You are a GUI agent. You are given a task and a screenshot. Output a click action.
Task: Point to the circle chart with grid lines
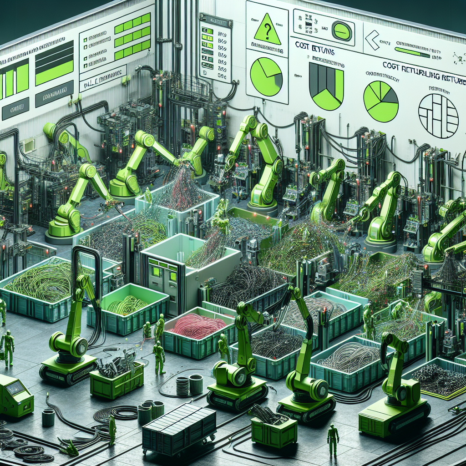click(438, 116)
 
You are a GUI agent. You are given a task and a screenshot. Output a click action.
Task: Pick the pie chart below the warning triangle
click(266, 76)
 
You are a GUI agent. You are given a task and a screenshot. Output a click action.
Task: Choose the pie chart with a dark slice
click(380, 101)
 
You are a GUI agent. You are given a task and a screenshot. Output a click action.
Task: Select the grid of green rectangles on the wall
click(132, 37)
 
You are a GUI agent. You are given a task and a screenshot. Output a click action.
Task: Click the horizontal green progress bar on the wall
click(411, 52)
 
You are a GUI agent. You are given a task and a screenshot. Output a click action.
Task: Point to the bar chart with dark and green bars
click(326, 86)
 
